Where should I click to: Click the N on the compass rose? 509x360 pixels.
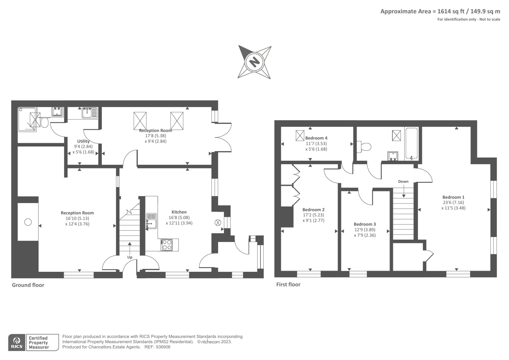[254, 62]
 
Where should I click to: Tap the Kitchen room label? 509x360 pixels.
[179, 212]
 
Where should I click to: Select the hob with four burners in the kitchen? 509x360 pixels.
[167, 245]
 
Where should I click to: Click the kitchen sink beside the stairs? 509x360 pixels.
[151, 221]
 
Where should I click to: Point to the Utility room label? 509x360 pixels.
[83, 141]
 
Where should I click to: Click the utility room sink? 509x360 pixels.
[90, 113]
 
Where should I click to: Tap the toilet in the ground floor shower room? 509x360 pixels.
[45, 123]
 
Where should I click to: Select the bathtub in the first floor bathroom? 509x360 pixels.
[412, 143]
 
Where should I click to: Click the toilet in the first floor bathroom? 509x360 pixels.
[364, 147]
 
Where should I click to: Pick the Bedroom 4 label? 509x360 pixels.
[316, 138]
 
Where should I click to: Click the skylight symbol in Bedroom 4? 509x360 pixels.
[300, 136]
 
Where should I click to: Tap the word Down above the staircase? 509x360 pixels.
[403, 181]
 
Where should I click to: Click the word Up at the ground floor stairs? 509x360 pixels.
[130, 257]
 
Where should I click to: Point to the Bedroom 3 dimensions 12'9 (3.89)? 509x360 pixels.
[365, 230]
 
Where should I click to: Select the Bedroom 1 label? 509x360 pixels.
[453, 197]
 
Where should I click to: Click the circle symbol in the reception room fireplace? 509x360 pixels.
[28, 222]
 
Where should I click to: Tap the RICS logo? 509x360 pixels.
[17, 342]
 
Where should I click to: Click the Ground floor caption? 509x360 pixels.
[28, 285]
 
